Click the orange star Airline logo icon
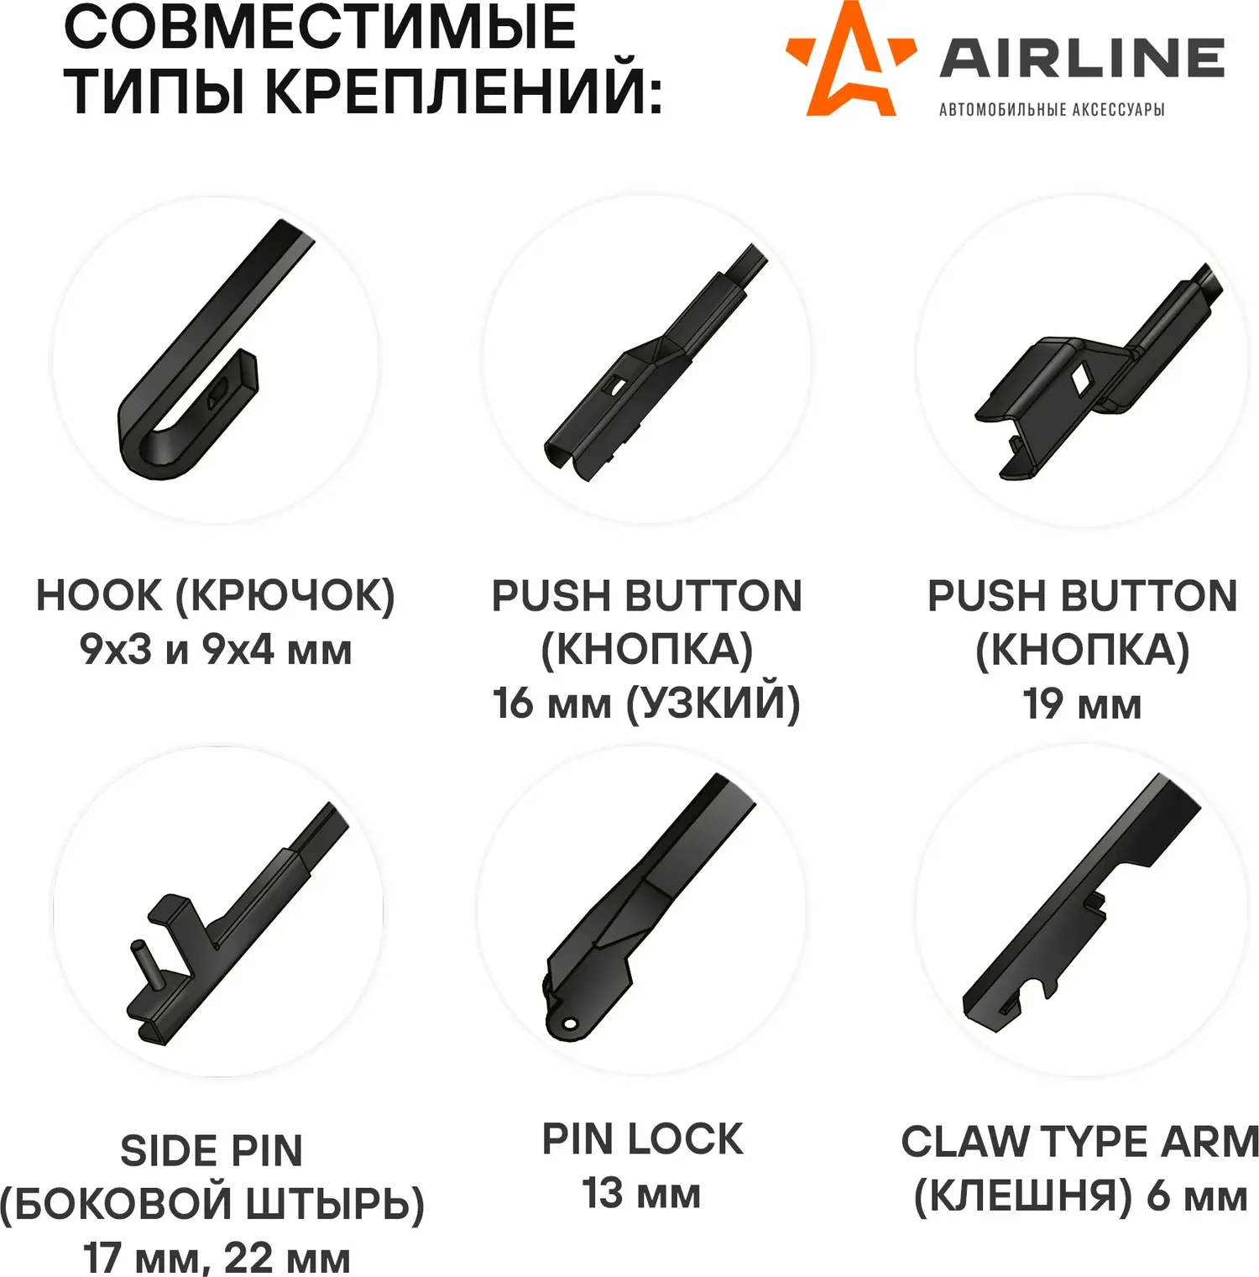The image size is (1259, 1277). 850,60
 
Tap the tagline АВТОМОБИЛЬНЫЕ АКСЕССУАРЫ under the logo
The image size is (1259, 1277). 1052,109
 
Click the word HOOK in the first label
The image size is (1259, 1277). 98,595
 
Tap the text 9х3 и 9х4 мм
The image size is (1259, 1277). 216,649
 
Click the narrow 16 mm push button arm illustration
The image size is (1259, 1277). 656,363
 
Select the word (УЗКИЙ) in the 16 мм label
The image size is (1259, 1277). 713,704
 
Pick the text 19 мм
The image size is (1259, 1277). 1082,704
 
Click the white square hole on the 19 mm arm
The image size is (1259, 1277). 1080,379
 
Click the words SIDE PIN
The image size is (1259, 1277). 212,1150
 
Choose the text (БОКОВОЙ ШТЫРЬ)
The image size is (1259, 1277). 212,1204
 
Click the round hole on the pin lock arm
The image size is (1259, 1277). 570,1024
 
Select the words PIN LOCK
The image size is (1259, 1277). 643,1139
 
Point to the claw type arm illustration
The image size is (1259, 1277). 1081,903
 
